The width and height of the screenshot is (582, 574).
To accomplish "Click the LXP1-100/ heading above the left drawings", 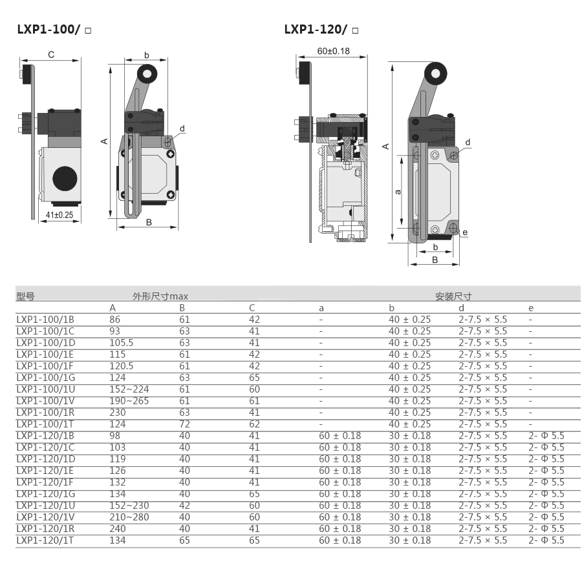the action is pyautogui.click(x=48, y=29).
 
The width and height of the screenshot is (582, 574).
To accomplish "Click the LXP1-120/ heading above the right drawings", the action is pyautogui.click(x=316, y=29).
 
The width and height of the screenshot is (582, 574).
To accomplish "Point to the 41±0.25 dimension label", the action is pyautogui.click(x=59, y=215).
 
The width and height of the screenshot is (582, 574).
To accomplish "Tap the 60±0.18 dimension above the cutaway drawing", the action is pyautogui.click(x=333, y=51).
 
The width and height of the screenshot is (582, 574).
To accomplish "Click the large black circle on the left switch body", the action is pyautogui.click(x=65, y=178).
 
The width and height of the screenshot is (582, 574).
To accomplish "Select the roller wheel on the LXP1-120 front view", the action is pyautogui.click(x=436, y=74).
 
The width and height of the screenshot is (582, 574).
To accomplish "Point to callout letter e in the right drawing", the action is pyautogui.click(x=465, y=232).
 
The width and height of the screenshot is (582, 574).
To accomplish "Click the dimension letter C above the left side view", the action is pyautogui.click(x=51, y=55).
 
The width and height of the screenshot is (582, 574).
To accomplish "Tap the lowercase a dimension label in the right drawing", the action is pyautogui.click(x=398, y=192).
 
